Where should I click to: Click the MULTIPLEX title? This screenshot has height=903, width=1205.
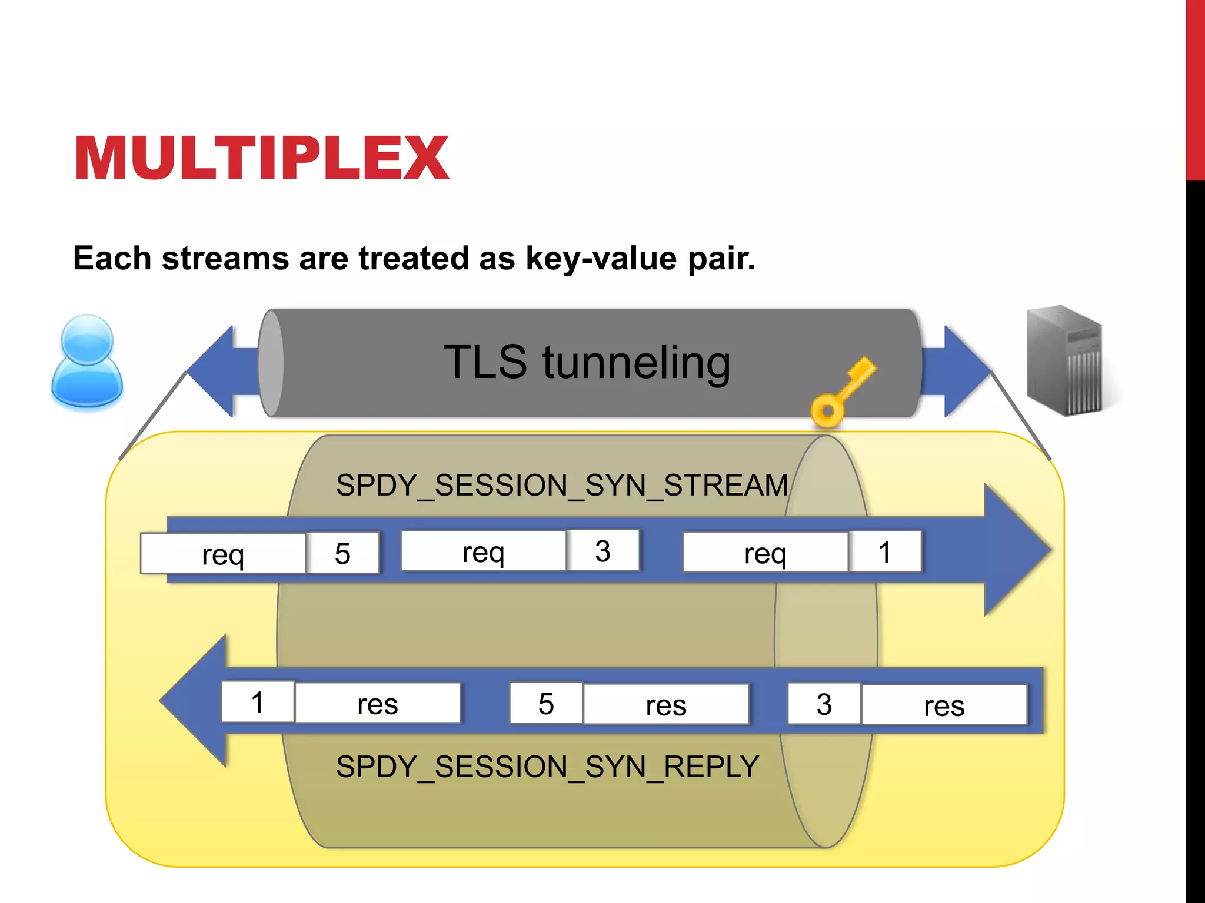tap(262, 158)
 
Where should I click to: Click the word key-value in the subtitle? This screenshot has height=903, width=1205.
tap(601, 259)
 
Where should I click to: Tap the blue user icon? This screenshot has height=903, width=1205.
tap(87, 361)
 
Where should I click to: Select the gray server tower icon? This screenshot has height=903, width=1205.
tap(1064, 360)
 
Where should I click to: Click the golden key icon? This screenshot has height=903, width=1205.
tap(841, 393)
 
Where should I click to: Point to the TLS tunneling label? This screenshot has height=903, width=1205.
tap(587, 362)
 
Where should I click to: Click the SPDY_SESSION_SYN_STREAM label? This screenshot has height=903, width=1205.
tap(562, 486)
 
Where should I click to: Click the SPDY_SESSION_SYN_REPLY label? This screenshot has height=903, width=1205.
tap(547, 767)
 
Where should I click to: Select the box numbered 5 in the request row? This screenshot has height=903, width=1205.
tap(343, 553)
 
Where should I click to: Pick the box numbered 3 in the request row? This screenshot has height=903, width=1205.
tap(603, 551)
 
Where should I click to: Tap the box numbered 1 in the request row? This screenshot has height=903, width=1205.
tap(884, 552)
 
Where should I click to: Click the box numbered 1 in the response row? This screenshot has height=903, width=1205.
tap(258, 703)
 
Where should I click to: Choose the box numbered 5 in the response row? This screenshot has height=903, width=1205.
tap(546, 704)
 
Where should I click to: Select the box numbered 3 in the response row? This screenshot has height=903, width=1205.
tap(824, 704)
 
